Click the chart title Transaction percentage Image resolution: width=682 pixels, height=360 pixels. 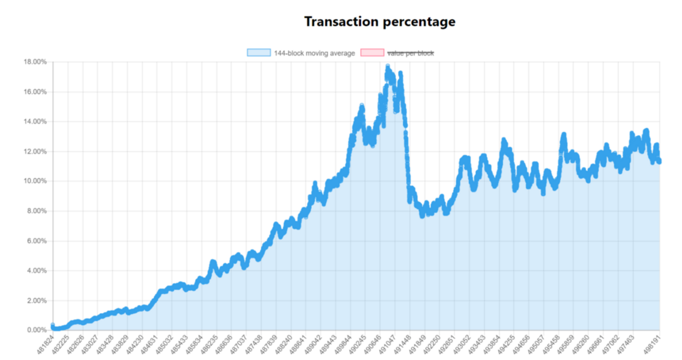pos(379,22)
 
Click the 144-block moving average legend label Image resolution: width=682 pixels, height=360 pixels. pos(314,53)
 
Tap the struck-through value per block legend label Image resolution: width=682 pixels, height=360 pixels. pos(410,53)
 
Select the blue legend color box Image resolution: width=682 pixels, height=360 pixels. pos(259,52)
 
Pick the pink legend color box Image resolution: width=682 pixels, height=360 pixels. pos(372,52)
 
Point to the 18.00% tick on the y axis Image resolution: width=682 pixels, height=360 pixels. pos(35,62)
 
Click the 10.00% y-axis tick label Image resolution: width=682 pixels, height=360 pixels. pos(35,181)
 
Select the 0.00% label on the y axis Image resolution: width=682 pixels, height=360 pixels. pos(37,330)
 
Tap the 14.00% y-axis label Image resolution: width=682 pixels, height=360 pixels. pos(35,122)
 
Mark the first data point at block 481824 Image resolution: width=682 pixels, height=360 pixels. pos(52,326)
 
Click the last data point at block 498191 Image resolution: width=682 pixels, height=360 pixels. pos(659,161)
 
